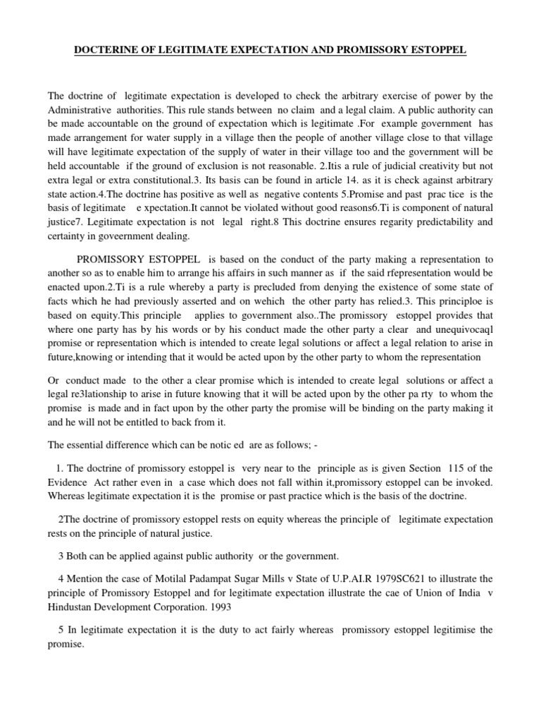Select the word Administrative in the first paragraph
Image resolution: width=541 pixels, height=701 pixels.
tap(82, 110)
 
